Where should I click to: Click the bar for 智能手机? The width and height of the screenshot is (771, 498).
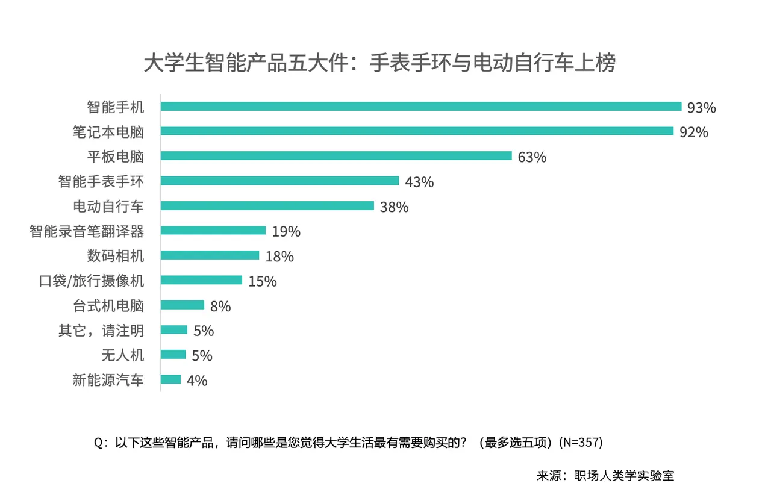pos(420,107)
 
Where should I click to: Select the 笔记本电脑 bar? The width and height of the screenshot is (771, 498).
pos(417,131)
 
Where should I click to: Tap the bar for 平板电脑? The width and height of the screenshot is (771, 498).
pos(336,156)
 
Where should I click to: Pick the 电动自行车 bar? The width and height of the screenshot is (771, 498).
pos(267,206)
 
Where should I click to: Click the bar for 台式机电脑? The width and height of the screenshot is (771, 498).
pos(183,305)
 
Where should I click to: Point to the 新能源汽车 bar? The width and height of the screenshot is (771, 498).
pos(170,379)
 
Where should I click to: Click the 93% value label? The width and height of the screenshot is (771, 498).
pos(702,108)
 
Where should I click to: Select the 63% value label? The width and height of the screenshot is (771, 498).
pos(532,158)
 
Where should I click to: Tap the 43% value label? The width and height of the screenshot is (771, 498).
pos(419,182)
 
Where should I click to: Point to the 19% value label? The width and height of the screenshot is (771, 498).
pos(286,232)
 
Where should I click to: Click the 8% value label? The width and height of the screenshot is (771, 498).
pos(220,307)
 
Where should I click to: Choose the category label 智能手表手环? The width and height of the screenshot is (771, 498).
pos(101,181)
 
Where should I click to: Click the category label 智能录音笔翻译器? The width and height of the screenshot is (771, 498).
pos(87,231)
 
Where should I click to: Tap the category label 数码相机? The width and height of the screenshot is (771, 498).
pos(116,256)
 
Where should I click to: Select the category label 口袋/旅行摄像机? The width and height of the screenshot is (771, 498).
pos(92,281)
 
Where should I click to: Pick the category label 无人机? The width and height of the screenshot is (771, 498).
pos(123,355)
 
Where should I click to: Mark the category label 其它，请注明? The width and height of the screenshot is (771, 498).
pos(101,330)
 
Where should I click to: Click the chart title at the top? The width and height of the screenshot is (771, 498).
pos(379,63)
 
